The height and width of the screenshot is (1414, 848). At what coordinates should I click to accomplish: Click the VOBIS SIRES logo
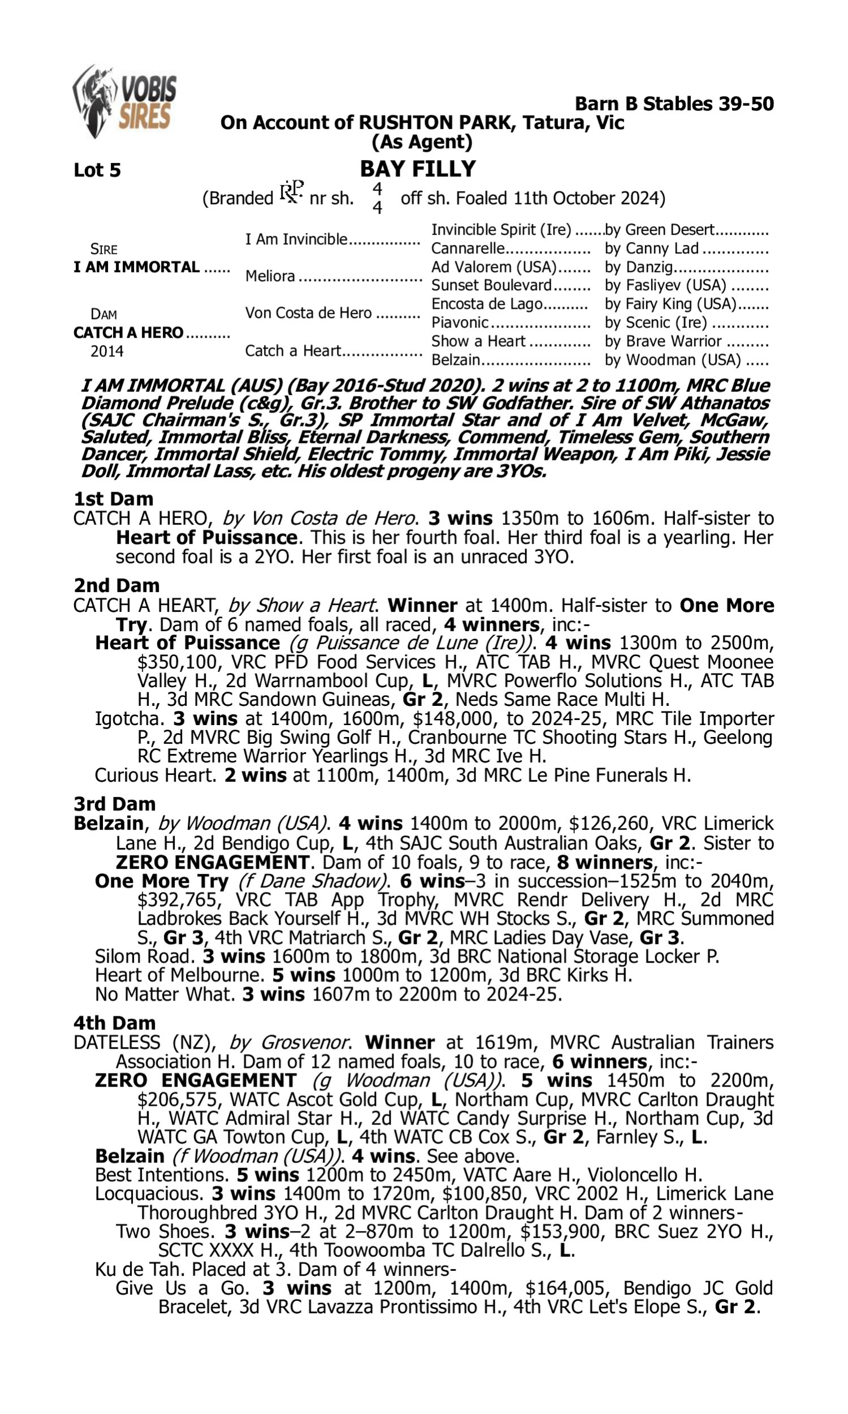(124, 101)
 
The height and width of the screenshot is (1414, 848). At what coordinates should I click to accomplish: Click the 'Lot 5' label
(97, 170)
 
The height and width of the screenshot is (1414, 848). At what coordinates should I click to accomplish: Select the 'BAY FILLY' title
(418, 169)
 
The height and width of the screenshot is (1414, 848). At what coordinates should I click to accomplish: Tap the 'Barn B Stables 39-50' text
(674, 104)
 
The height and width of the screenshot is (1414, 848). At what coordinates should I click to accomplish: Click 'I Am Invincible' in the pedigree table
(296, 239)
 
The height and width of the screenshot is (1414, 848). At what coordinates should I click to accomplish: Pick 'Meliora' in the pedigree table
(270, 277)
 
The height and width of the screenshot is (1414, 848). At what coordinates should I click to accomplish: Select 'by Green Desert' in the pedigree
(659, 230)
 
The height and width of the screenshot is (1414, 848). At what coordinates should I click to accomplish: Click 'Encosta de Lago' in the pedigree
(486, 304)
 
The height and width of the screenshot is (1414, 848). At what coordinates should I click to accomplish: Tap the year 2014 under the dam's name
(107, 351)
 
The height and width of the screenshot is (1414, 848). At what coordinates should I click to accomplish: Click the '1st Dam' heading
(113, 499)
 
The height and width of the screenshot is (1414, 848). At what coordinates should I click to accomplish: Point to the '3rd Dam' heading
(114, 804)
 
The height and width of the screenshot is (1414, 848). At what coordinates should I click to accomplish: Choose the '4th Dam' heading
(114, 1023)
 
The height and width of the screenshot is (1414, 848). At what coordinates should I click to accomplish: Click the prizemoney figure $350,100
(174, 662)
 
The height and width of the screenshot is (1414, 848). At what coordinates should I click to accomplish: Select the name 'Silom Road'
(143, 957)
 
